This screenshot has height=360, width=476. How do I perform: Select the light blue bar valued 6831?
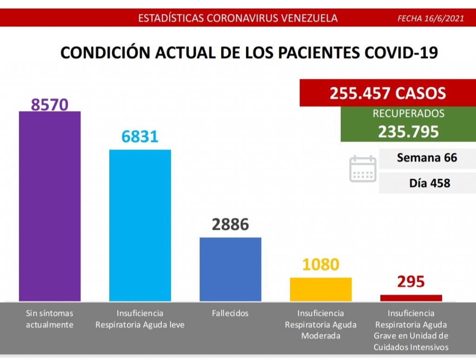140,225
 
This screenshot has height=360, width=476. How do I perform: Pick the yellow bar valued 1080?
321,289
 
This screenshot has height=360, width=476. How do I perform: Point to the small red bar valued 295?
411,298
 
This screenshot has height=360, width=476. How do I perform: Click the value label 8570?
49,103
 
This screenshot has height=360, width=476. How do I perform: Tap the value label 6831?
140,136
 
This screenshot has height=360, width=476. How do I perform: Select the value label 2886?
231,224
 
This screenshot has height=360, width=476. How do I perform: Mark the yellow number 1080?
321,264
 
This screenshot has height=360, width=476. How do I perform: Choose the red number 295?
411,281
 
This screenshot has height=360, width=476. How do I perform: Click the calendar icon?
363,168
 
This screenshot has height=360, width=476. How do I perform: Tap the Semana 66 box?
427,158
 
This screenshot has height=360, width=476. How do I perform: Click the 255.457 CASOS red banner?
388,93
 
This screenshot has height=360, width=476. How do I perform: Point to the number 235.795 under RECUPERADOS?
408,132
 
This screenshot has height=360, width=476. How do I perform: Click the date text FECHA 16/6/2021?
431,19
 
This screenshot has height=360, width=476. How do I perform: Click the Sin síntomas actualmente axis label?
49,319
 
